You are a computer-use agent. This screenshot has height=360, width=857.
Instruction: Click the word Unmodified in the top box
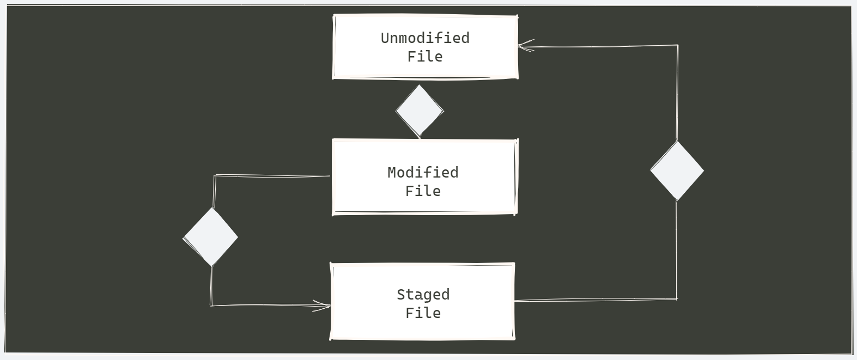(424, 38)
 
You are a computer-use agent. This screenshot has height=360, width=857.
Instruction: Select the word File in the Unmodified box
(424, 57)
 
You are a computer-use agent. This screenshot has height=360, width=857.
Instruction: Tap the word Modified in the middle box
(423, 173)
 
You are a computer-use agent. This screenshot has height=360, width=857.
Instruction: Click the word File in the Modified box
(423, 191)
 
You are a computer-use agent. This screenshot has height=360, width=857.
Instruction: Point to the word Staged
(423, 295)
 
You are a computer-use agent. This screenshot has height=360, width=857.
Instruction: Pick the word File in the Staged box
(423, 313)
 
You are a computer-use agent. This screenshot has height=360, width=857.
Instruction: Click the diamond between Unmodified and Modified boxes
(419, 111)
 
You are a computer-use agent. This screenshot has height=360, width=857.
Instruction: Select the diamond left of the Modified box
(211, 237)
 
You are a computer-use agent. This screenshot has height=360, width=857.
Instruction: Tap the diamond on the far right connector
(677, 170)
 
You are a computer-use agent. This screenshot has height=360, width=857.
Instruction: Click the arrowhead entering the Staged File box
(325, 306)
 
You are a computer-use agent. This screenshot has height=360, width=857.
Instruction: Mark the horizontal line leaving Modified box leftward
(272, 176)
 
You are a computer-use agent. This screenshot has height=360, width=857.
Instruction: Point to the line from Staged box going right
(594, 300)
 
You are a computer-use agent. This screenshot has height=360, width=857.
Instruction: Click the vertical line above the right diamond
(677, 93)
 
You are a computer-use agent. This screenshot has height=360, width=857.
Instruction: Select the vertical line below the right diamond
(677, 251)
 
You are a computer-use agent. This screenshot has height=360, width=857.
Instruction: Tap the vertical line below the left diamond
(211, 286)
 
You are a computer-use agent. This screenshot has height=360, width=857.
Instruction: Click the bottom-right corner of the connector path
(677, 299)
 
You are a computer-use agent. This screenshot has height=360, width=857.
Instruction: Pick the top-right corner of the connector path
(677, 46)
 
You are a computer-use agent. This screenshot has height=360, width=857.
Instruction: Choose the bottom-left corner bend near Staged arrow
(211, 306)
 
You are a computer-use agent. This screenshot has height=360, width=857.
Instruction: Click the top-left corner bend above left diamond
(215, 176)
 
